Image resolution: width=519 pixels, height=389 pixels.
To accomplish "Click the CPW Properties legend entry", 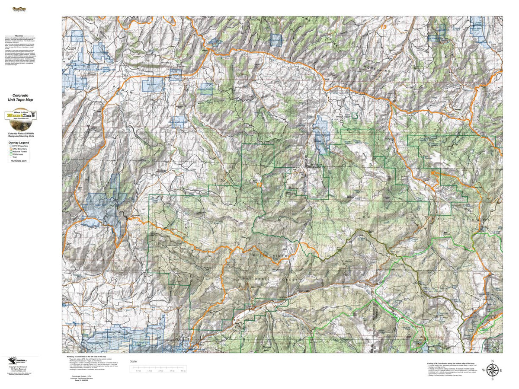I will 20,147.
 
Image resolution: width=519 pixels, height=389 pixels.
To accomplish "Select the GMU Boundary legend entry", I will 20,150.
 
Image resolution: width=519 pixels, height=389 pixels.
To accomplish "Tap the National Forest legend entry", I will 20,153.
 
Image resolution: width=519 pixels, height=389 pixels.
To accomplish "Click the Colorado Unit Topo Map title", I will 20,97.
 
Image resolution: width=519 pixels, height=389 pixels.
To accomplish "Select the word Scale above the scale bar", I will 133,361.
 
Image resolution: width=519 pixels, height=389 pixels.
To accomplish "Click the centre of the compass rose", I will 492,370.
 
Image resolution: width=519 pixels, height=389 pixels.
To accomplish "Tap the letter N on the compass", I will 492,361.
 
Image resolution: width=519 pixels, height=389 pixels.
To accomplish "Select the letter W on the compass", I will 484,370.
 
